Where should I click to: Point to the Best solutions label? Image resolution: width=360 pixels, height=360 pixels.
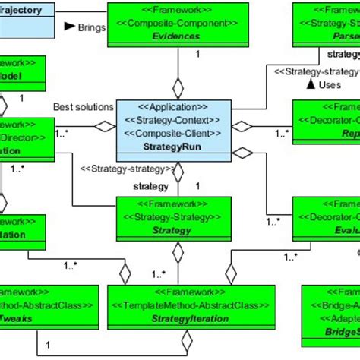84,107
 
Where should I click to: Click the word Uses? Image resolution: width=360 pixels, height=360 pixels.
330,84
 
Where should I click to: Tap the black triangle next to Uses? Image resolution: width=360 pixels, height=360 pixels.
310,84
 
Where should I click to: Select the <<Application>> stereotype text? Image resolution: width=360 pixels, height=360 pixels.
169,107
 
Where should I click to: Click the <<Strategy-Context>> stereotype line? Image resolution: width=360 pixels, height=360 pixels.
169,121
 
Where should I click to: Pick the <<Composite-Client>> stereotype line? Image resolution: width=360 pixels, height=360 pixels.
169,134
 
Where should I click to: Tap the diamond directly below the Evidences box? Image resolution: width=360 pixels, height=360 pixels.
178,86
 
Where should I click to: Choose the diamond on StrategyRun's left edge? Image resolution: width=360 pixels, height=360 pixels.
109,127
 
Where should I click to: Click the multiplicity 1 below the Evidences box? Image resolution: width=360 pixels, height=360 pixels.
197,55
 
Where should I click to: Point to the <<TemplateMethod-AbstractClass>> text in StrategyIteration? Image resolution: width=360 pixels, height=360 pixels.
178,307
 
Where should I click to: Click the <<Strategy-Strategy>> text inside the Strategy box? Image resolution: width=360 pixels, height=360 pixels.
169,216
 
